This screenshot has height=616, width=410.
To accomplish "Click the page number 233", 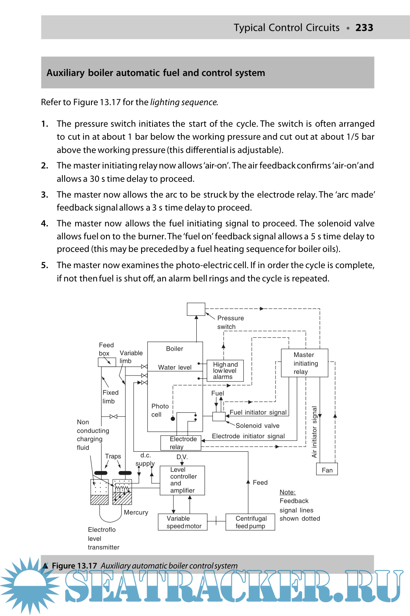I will click(364, 28).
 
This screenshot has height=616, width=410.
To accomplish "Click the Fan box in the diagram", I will click(327, 469).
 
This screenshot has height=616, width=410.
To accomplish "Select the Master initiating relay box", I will click(304, 363).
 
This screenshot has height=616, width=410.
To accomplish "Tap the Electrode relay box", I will click(181, 443).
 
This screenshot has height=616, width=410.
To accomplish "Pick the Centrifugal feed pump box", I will click(250, 522).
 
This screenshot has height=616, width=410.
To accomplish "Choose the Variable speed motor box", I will click(183, 522).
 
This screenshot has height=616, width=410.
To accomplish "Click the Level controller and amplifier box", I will click(182, 480).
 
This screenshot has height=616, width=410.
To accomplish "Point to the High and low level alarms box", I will click(225, 370).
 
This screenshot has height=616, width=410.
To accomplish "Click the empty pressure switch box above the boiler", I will click(196, 309).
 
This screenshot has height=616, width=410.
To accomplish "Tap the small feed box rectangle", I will click(106, 362).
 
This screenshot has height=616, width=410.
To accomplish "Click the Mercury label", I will click(136, 512).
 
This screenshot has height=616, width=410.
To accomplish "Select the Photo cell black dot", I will click(173, 418).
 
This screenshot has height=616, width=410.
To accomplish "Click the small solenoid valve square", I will click(218, 416).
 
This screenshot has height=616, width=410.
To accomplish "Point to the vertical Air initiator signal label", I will click(314, 432).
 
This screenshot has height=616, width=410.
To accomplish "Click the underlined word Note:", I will click(287, 492).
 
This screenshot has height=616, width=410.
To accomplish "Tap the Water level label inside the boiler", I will click(175, 367).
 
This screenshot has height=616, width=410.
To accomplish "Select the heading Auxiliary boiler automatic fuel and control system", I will click(156, 73).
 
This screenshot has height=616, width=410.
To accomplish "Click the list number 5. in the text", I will click(45, 265).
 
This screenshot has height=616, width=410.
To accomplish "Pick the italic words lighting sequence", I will click(183, 102).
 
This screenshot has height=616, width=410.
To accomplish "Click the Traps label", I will click(113, 456).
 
